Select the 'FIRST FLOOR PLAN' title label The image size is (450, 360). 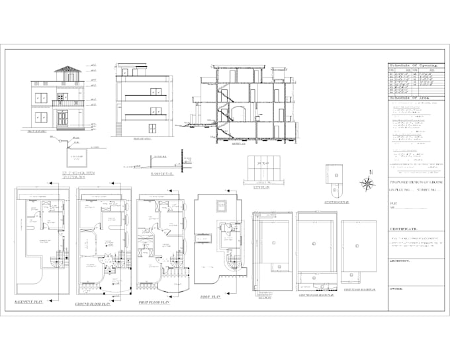[x=153, y=302]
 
